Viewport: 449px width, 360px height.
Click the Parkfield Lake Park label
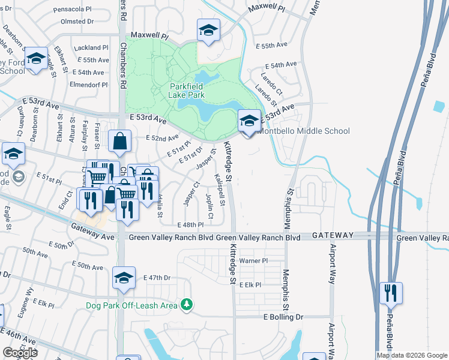186,91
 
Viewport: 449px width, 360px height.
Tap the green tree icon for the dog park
187,305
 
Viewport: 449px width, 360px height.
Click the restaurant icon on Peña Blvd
391,293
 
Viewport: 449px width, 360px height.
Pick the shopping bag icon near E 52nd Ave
119,142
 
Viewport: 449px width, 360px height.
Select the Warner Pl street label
253,261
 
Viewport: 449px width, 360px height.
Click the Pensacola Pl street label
88,10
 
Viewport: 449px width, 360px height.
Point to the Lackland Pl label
91,47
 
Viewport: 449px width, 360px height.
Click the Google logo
20,353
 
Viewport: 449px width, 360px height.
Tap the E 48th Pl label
191,224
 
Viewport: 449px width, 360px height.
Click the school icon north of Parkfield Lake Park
208,31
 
